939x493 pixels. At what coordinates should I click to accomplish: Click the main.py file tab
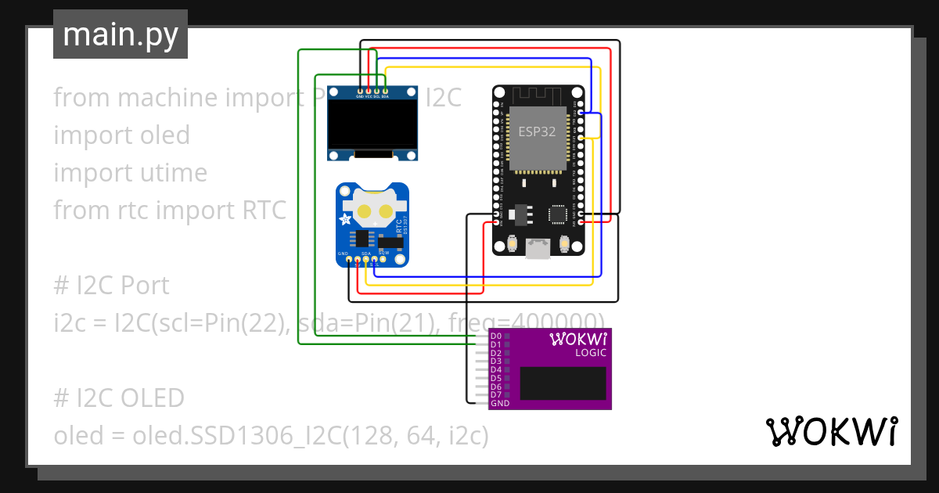(x=120, y=34)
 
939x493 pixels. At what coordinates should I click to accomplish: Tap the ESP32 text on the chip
(x=537, y=131)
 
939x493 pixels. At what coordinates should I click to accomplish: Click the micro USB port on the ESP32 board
(x=538, y=248)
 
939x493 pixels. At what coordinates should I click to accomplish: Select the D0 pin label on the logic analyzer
(x=495, y=336)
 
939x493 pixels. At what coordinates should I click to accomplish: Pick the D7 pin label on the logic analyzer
(x=495, y=395)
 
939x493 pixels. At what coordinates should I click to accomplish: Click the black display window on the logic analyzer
(x=563, y=383)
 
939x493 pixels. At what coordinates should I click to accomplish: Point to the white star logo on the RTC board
(x=345, y=220)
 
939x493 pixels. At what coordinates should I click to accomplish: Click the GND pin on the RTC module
(x=348, y=259)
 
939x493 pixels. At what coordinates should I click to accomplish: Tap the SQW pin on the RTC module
(x=383, y=258)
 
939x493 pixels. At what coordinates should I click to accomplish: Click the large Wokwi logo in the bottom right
(x=831, y=432)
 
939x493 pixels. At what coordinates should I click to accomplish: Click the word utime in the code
(x=172, y=173)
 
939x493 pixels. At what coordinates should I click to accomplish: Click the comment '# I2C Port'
(x=111, y=286)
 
